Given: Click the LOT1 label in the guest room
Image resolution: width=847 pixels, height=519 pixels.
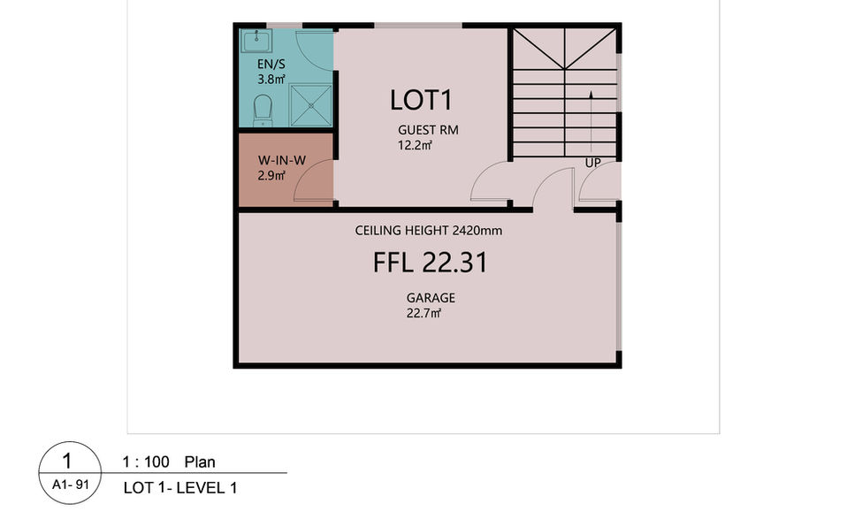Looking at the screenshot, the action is (421, 100).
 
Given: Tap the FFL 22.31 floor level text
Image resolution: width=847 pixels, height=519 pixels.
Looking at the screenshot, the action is (430, 263).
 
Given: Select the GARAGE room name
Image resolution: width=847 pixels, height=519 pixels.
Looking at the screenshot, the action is (431, 298).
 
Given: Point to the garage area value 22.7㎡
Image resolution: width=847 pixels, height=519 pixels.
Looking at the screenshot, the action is (423, 313).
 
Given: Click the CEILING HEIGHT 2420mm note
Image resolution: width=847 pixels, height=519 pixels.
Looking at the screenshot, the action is (428, 231).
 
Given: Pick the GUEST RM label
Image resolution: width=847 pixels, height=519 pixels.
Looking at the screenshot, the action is (428, 130).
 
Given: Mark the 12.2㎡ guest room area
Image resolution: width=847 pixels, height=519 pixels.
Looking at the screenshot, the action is (415, 145).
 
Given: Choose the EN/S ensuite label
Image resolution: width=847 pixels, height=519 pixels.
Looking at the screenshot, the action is (271, 65).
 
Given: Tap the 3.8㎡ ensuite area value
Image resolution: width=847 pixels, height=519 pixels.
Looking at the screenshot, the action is (271, 80).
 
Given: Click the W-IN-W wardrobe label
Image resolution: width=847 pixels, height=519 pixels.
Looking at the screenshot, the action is (281, 160).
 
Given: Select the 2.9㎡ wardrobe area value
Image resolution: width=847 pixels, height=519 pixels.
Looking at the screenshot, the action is (271, 176).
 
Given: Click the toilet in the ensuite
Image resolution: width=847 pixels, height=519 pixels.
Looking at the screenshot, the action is (263, 111).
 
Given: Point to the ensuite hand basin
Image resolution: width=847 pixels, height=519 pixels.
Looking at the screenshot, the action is (256, 41).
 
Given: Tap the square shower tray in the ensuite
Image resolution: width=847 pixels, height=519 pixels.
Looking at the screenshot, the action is (310, 105).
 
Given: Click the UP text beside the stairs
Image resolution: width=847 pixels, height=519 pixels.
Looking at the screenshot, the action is (592, 163).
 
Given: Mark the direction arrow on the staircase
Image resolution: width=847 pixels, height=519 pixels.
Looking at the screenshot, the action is (591, 121).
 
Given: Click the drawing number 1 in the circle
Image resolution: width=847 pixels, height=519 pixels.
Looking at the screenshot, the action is (67, 461).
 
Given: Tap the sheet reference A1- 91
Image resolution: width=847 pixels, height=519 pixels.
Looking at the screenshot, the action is (70, 485).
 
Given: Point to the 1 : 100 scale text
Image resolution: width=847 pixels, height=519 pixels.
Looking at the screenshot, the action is (145, 462).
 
